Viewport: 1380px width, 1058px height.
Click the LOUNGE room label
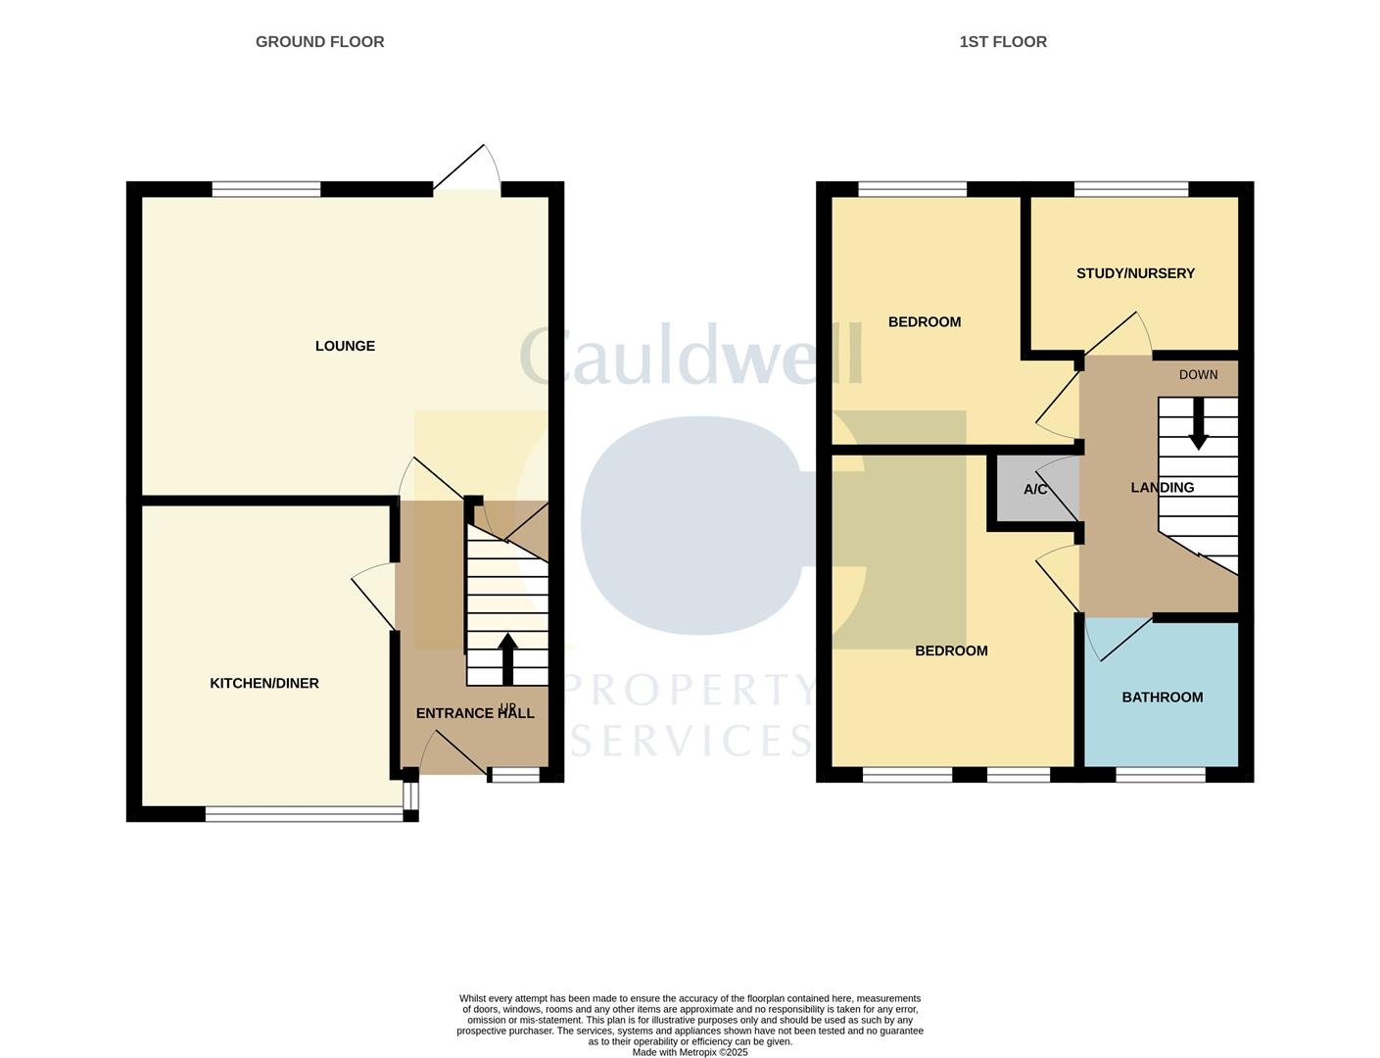point(345,346)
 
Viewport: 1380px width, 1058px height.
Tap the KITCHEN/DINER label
point(264,683)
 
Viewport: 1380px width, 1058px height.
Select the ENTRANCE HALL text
point(475,713)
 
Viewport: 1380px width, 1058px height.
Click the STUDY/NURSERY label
point(1135,273)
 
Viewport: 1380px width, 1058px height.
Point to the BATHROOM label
point(1162,697)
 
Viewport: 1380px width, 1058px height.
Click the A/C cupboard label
point(1035,489)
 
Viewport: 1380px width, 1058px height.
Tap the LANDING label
point(1162,487)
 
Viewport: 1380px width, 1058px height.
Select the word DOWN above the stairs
point(1198,374)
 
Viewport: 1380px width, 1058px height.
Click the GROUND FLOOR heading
point(319,41)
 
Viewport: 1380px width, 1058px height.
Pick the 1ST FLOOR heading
point(1003,41)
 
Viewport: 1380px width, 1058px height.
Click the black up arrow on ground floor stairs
point(507,659)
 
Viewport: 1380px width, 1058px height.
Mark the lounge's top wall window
point(266,189)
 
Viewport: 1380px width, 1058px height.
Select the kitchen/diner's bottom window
point(304,813)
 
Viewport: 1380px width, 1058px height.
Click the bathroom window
point(1160,775)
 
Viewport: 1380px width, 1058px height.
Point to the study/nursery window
point(1130,189)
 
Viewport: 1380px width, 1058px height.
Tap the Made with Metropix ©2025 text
point(690,1052)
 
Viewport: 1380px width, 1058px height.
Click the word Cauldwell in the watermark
point(690,355)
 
